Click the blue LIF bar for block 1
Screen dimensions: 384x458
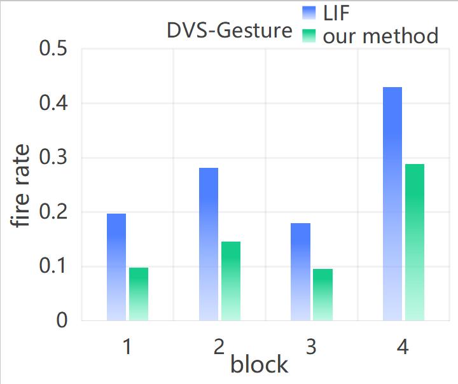click(116, 267)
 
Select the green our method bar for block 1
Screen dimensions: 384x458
click(139, 294)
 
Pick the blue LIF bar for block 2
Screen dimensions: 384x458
click(209, 244)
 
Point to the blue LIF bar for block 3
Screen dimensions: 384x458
click(301, 272)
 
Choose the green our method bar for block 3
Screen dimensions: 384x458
click(323, 294)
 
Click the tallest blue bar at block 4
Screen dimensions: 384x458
click(392, 203)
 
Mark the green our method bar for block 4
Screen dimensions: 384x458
click(415, 242)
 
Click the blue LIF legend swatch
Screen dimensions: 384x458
click(309, 13)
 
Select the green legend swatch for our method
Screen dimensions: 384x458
click(309, 36)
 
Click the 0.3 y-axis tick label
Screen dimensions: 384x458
click(54, 158)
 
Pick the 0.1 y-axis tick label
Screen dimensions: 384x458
click(54, 267)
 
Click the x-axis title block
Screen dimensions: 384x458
click(259, 365)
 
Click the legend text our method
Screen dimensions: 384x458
click(380, 36)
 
